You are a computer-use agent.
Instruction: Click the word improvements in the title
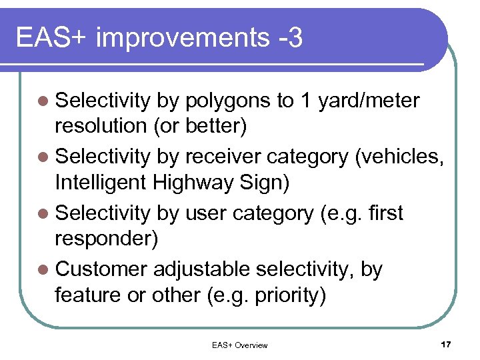(x=181, y=39)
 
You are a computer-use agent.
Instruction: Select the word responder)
(x=107, y=239)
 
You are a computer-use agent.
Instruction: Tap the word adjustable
(x=201, y=269)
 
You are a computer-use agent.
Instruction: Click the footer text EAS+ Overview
(x=239, y=345)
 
